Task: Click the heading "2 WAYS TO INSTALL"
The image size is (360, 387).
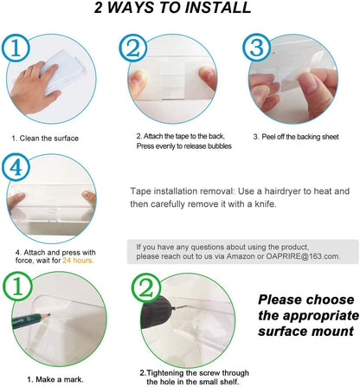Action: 172,8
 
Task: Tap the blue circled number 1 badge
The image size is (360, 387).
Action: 16,48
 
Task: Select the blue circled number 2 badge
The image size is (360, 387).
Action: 133,48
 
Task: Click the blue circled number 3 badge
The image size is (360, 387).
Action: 256,47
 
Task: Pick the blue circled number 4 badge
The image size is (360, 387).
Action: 16,167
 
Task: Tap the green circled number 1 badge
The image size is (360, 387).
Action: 17,287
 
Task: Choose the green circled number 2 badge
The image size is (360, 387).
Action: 145,287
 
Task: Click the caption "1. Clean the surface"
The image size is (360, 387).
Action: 45,139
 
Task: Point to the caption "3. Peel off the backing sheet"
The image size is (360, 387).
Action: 296,137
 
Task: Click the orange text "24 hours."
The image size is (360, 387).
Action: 78,261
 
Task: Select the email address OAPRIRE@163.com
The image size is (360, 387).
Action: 303,256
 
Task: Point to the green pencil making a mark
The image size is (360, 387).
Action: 31,319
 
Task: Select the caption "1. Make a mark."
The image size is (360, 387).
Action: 55,379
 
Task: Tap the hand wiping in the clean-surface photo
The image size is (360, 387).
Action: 33,87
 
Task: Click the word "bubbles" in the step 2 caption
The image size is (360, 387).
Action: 220,146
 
